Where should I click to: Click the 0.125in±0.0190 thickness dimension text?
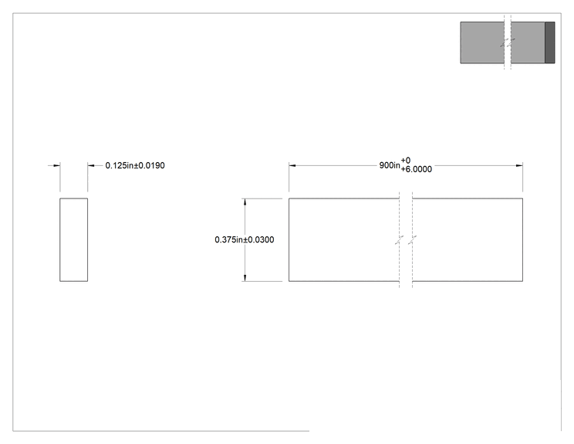pos(135,165)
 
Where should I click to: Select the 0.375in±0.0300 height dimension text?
pos(244,239)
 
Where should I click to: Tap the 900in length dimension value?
pos(390,165)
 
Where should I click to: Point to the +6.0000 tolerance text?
pos(416,169)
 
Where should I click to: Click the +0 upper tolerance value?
pos(406,161)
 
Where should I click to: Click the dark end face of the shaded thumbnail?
pos(550,42)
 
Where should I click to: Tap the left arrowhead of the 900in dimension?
pos(292,165)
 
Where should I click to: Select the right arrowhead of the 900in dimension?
pos(519,165)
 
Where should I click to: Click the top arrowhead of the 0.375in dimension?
pos(245,202)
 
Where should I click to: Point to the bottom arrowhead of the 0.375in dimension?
pos(245,278)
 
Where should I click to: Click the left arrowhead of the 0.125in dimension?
pos(56,165)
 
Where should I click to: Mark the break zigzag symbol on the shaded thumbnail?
pos(508,43)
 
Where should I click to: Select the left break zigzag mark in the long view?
pos(399,240)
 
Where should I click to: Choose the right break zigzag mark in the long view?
pos(412,240)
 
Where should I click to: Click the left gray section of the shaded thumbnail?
pos(482,42)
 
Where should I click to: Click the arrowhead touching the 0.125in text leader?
pos(91,165)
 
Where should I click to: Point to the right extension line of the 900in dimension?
pos(523,177)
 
